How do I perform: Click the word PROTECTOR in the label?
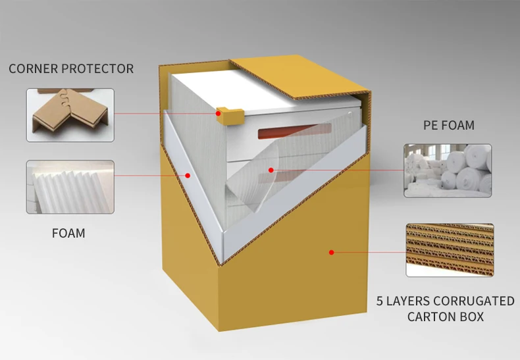[x=99, y=68]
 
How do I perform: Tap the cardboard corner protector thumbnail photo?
[x=70, y=115]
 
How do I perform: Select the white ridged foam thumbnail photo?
[x=70, y=187]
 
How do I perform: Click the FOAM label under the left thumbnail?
[x=68, y=233]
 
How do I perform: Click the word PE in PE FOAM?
[x=430, y=125]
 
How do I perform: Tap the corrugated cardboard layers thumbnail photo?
[x=450, y=249]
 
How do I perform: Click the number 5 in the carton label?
[x=380, y=301]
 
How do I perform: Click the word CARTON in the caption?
[x=432, y=317]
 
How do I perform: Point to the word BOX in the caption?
[x=472, y=317]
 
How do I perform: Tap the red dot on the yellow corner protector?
[x=218, y=113]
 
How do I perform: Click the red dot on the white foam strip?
[x=188, y=175]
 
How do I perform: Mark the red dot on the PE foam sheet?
[x=270, y=170]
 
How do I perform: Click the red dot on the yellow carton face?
[x=332, y=251]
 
